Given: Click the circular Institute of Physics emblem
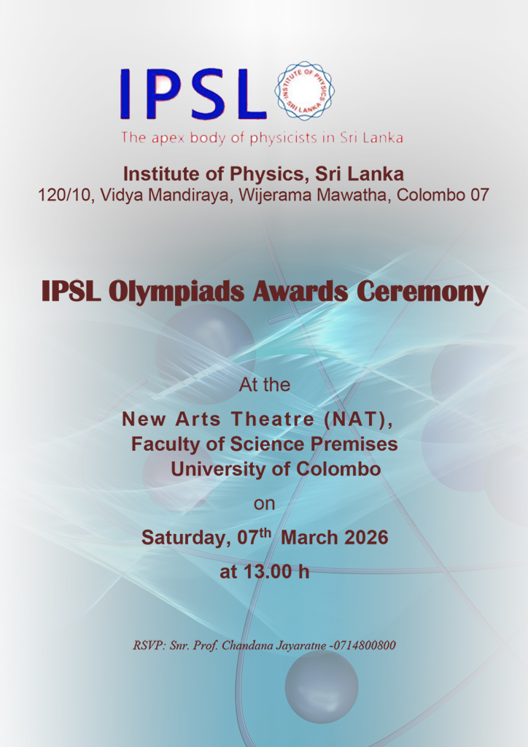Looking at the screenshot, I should coord(305,90).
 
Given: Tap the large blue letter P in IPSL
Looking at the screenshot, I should coord(162,94).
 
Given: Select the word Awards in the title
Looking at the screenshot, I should coord(300,292).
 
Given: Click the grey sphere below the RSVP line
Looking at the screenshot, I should coord(322,686).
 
